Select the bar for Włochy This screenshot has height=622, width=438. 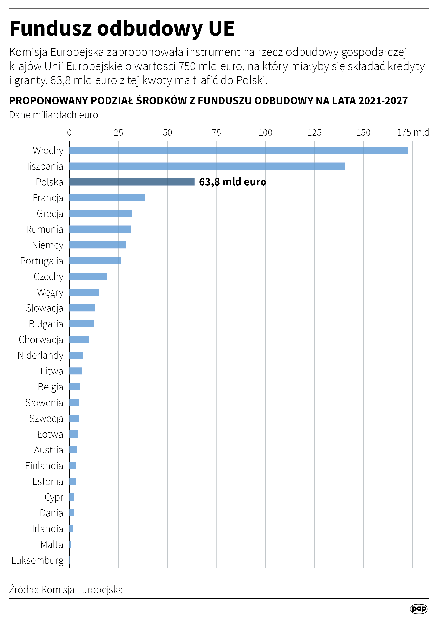tap(238, 150)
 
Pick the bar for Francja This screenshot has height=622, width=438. tap(107, 198)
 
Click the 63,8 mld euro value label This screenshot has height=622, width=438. tap(232, 182)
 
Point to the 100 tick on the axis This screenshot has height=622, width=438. tap(265, 132)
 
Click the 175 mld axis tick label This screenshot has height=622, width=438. tap(413, 132)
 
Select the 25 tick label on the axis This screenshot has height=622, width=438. tap(118, 132)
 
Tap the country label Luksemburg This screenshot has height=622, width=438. tap(37, 560)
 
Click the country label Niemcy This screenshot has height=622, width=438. tap(47, 245)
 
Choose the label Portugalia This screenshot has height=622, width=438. tap(41, 261)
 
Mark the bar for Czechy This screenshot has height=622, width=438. tap(88, 276)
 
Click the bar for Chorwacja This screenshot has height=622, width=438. tap(79, 339)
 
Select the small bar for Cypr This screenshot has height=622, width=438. tap(72, 497)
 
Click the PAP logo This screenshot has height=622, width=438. tap(418, 609)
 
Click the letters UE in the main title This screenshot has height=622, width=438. tap(221, 28)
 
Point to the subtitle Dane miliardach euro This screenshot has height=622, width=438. tap(53, 115)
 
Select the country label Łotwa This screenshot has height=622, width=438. tap(50, 434)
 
